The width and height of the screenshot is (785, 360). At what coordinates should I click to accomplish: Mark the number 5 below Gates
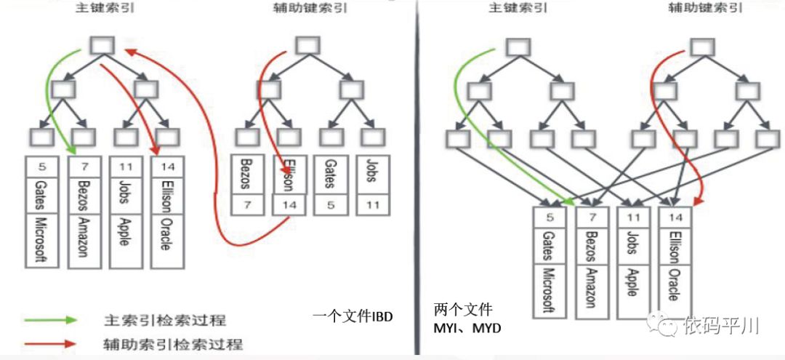click(330, 204)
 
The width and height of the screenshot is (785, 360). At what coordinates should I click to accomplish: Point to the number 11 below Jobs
click(373, 204)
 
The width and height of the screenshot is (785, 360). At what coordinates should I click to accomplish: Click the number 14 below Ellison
click(290, 204)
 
